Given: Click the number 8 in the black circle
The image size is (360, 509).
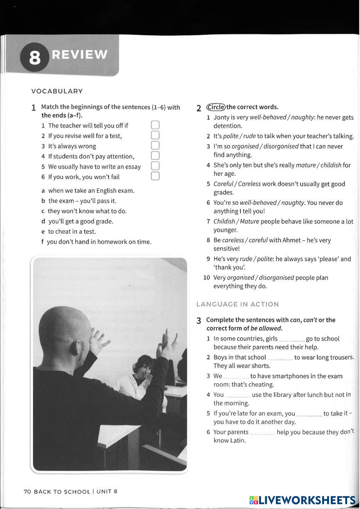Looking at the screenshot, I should [x=34, y=58].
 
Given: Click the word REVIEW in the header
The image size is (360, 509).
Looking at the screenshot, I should [x=80, y=54].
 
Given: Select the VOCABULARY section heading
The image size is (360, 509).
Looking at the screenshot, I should [x=57, y=91].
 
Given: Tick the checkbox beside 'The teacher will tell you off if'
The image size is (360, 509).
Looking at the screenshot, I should [x=155, y=125].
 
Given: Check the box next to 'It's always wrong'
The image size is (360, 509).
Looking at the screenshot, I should [x=155, y=146].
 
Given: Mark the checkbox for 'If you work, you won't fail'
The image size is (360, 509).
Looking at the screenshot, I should [x=155, y=176].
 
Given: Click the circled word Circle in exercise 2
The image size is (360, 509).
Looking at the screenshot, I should [x=216, y=107].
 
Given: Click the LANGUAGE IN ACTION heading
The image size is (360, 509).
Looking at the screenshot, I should [x=237, y=304].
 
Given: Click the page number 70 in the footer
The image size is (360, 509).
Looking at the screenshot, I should [x=27, y=492].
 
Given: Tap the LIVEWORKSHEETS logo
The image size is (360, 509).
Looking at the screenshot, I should [x=302, y=500].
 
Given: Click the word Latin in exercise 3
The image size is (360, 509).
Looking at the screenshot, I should [x=237, y=441].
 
